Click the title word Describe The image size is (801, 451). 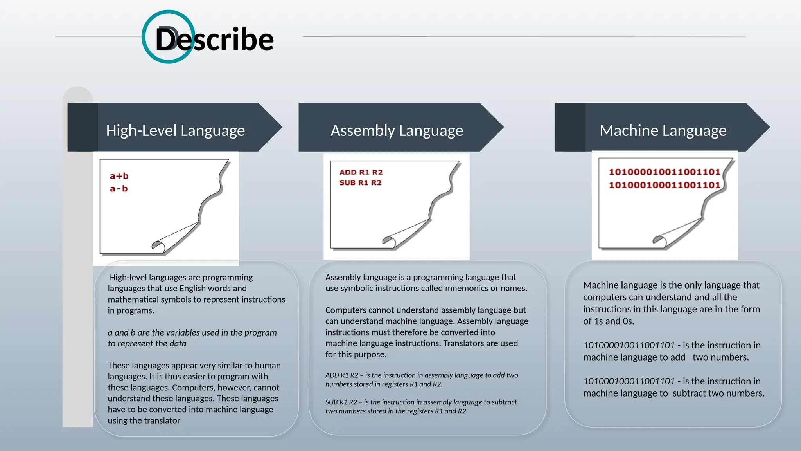(x=214, y=40)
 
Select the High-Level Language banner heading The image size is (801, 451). (x=175, y=130)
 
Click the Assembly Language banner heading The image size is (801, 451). (x=397, y=130)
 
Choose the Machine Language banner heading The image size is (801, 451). (x=663, y=130)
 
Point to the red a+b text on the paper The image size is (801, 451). (x=119, y=176)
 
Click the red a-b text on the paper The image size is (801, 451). (x=119, y=189)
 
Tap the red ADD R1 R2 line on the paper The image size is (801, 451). (x=361, y=172)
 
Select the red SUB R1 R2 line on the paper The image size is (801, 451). (x=360, y=182)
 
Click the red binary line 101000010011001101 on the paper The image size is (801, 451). (x=664, y=172)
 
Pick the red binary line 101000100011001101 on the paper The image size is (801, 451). (x=664, y=185)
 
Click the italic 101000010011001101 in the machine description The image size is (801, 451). (x=629, y=345)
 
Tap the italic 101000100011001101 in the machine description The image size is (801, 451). (x=629, y=381)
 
